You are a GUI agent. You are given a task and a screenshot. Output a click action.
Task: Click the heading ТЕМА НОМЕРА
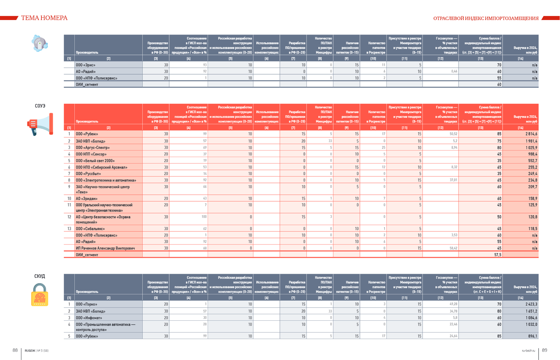point(44,18)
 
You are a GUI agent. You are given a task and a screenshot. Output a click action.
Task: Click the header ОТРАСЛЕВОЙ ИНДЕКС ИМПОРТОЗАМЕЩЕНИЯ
point(486,18)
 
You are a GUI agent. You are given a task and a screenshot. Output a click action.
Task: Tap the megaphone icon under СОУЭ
point(40,124)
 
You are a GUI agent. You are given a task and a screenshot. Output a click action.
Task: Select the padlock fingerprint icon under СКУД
point(40,295)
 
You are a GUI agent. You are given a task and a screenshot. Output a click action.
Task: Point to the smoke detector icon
point(40,43)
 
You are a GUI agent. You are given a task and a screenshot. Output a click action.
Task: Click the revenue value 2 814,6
point(531,134)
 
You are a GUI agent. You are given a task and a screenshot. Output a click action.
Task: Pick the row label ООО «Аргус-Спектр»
point(93,148)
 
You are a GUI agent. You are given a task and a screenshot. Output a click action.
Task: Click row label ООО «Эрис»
point(86,65)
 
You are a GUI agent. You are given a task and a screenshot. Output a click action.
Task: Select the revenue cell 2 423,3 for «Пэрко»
point(531,304)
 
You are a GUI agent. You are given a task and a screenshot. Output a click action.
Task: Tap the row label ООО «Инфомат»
point(89,318)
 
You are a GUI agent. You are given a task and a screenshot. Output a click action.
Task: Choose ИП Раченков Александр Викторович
point(105,248)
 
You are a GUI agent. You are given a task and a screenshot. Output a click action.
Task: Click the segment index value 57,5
point(497,255)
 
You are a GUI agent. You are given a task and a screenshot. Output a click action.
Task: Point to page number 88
point(15,350)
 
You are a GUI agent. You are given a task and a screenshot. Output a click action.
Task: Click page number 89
point(544,350)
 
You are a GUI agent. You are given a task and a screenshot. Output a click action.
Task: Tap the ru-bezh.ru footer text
point(528,351)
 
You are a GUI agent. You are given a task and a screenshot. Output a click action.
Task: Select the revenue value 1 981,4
point(531,141)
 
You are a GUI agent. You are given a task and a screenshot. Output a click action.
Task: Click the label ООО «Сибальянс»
point(90,229)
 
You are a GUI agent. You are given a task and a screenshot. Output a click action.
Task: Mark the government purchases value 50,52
point(453,134)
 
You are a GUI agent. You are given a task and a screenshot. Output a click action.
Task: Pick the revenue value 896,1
point(532,336)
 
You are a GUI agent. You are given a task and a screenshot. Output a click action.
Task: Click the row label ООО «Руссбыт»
point(88,174)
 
